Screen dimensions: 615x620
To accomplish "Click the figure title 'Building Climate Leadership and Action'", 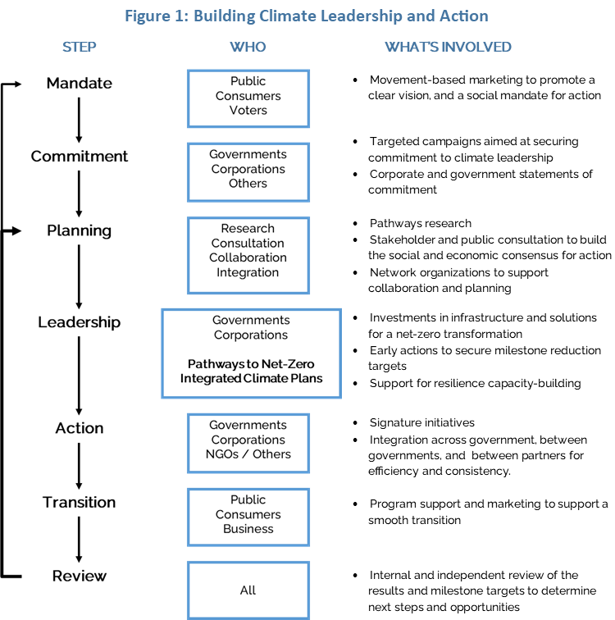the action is [340, 16].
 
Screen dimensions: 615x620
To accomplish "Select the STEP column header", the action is [79, 47].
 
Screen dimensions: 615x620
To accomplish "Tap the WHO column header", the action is [248, 47].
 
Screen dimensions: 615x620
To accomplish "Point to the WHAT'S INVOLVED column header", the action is [448, 47].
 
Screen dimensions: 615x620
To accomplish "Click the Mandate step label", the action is [79, 83].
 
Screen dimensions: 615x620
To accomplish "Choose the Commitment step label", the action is [79, 156].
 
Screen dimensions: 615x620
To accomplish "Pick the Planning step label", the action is [79, 230].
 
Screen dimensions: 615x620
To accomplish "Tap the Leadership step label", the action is [79, 322].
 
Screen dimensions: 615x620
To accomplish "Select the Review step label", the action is [79, 576].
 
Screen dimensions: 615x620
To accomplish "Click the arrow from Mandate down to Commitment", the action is [79, 121].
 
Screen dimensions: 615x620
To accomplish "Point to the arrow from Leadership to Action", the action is [79, 376].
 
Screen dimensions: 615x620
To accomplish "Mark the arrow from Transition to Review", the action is [79, 540].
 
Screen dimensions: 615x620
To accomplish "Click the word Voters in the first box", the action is [248, 111].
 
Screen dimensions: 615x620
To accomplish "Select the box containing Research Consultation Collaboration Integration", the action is [248, 255].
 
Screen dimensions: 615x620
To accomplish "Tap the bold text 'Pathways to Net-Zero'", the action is [251, 364].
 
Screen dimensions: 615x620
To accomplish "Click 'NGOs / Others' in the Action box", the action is [248, 454].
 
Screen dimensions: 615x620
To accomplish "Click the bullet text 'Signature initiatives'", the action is [421, 422].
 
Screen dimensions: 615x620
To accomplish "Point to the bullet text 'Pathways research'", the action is [420, 223].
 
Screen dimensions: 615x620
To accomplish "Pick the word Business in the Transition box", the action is [248, 529].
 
